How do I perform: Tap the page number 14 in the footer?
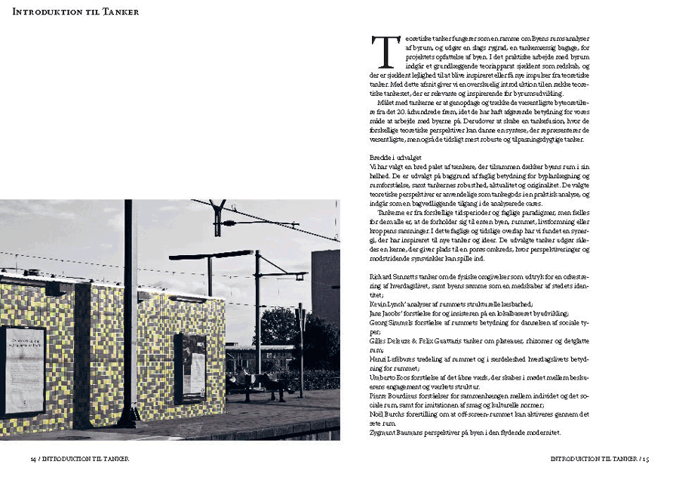click(x=34, y=458)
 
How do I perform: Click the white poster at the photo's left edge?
click(x=22, y=370)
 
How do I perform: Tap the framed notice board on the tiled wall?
click(x=194, y=368)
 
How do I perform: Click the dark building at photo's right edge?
click(x=325, y=288)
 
